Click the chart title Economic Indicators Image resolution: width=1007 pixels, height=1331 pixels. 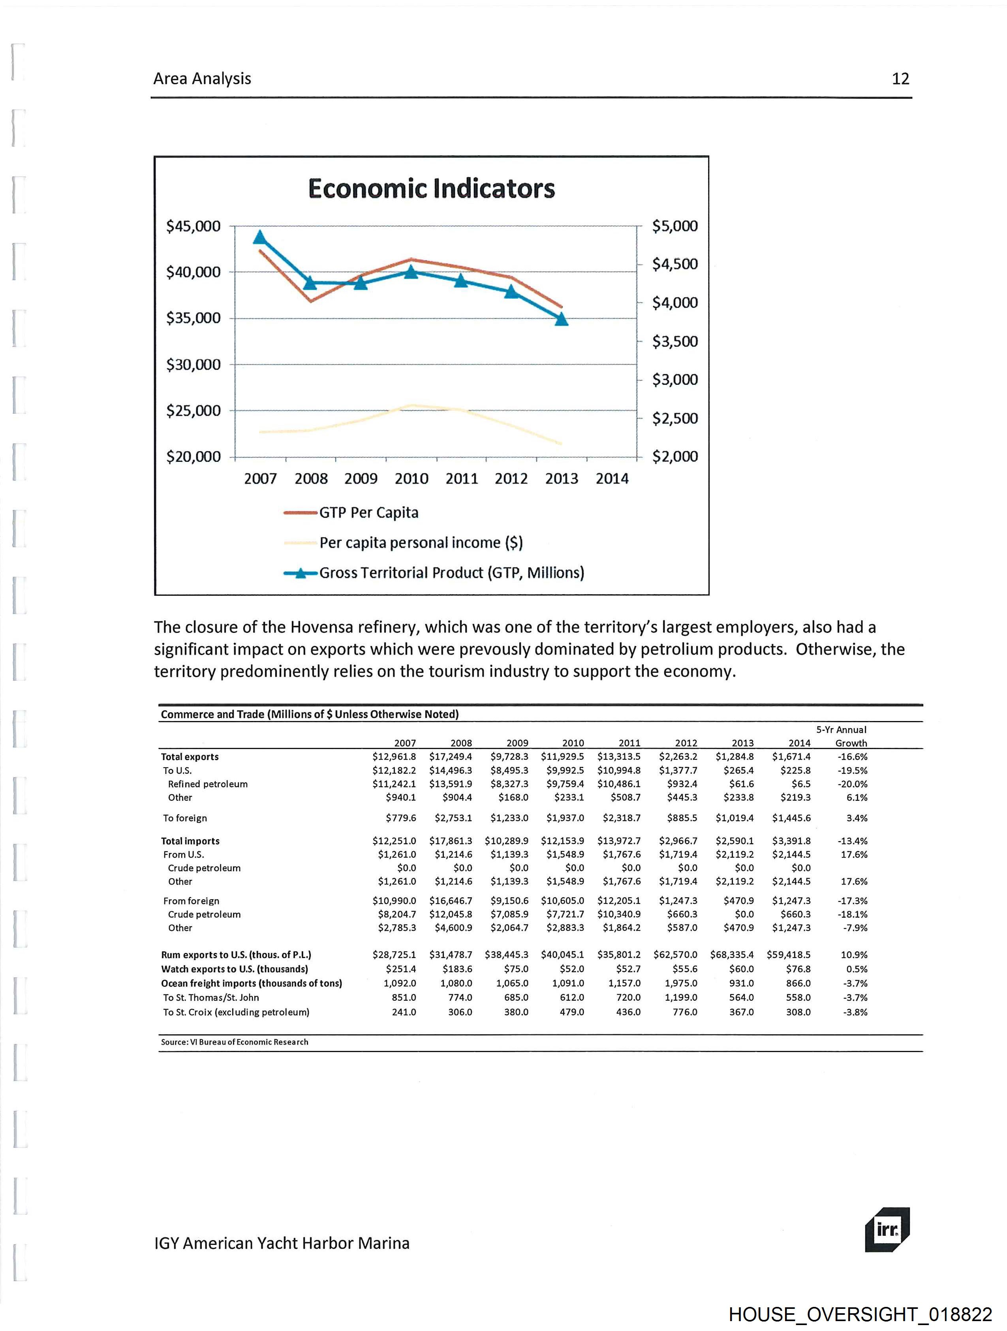tap(431, 188)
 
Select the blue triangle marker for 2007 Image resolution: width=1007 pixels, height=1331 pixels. tap(260, 237)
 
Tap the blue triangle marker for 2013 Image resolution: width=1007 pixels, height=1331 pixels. tap(561, 319)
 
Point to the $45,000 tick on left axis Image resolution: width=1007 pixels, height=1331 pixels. tap(193, 226)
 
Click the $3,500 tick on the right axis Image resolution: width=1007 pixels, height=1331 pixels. tap(675, 341)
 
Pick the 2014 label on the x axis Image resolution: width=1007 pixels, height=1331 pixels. tap(612, 478)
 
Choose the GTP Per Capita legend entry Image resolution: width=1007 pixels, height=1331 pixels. tap(368, 513)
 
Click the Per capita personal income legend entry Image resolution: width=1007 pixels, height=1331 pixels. tap(421, 543)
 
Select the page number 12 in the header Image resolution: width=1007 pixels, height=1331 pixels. tap(900, 79)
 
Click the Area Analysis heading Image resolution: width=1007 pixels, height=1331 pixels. tap(202, 79)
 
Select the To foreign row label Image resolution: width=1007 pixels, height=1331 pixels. tap(185, 818)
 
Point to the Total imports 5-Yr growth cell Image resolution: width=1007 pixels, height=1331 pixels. tap(853, 841)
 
